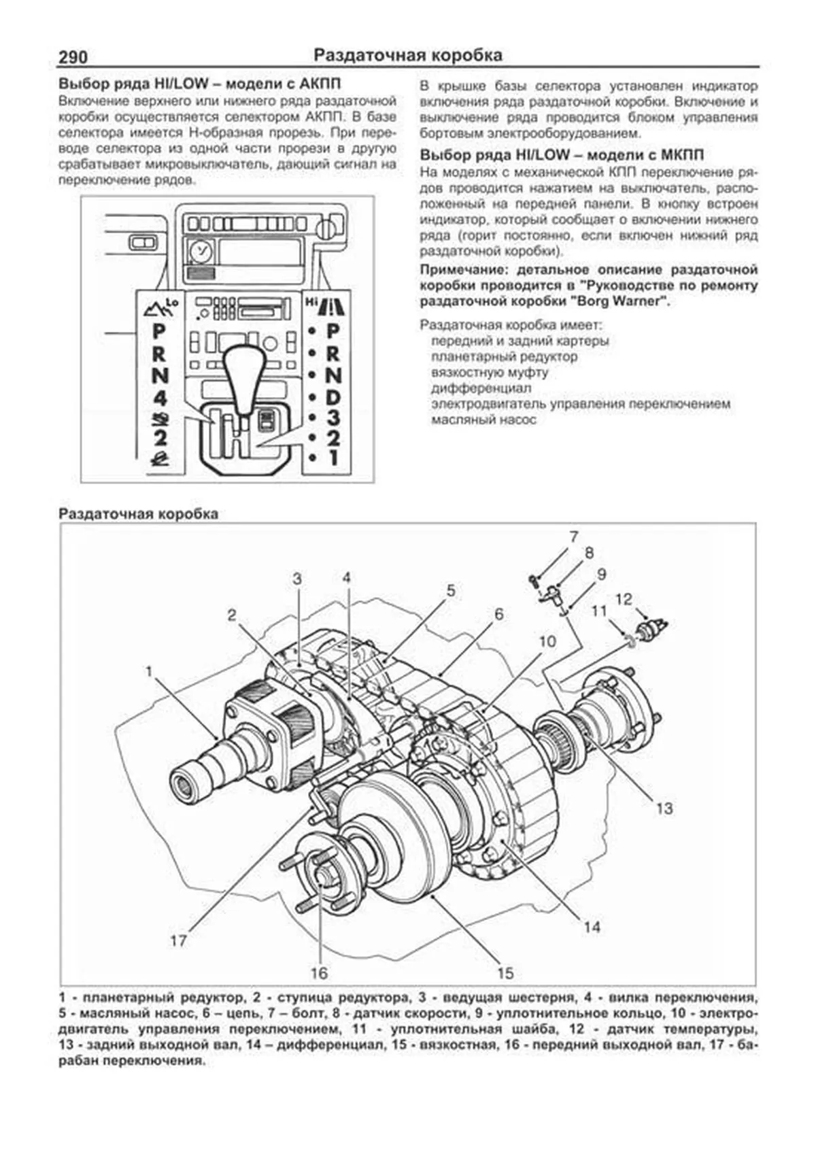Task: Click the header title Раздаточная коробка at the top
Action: (408, 56)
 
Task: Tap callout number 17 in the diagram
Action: (178, 941)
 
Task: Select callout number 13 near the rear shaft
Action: (664, 808)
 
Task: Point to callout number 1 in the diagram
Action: (149, 672)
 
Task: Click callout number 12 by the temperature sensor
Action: (624, 599)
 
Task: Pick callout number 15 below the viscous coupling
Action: (505, 973)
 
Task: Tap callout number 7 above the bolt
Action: (574, 537)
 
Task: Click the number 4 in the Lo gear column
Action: (160, 396)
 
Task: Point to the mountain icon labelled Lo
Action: (160, 309)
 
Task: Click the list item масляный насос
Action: (483, 420)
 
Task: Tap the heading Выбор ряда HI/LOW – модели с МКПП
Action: (562, 155)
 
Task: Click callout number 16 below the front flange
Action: (319, 973)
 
